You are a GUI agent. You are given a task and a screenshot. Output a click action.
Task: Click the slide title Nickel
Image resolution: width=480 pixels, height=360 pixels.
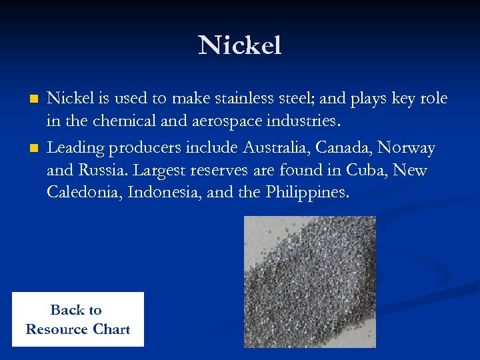tap(239, 45)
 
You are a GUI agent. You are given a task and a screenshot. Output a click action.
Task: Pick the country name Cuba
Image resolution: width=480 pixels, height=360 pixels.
tap(366, 170)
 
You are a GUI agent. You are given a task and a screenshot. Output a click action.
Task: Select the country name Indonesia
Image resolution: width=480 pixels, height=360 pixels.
tap(158, 193)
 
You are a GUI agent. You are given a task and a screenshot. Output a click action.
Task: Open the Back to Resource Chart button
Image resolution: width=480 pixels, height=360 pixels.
tap(77, 319)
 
